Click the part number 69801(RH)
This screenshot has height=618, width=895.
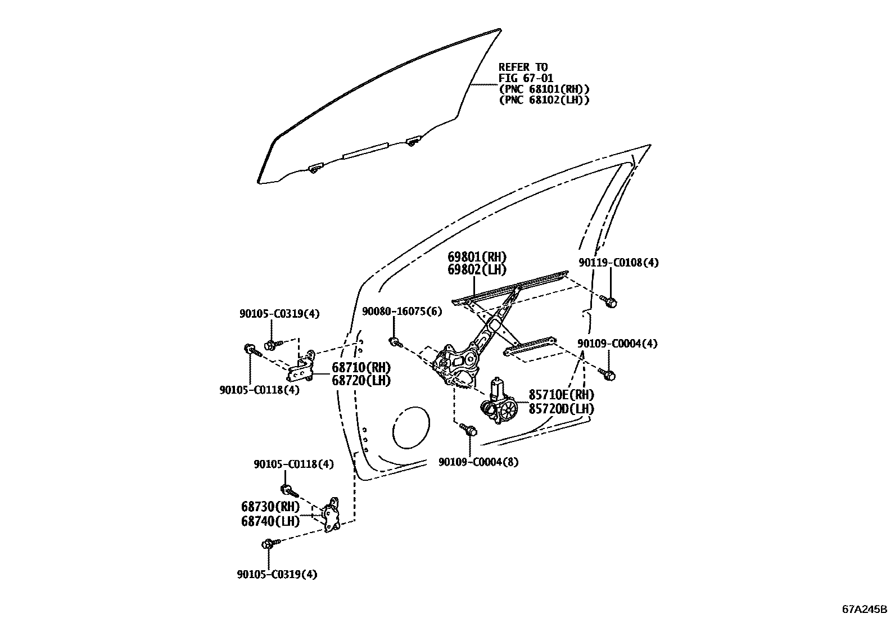(477, 257)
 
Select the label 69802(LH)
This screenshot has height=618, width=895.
(477, 270)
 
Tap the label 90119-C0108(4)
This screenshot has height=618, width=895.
(618, 263)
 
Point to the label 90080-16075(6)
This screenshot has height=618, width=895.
(402, 312)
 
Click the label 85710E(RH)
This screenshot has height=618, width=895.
(561, 395)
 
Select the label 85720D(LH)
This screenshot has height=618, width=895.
(561, 409)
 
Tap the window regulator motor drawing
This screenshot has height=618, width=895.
(499, 403)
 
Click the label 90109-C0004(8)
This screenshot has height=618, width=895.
(478, 462)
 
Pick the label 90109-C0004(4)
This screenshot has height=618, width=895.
(617, 344)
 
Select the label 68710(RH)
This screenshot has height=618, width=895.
(361, 368)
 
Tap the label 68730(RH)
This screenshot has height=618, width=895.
(270, 507)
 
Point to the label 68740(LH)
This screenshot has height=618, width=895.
(270, 521)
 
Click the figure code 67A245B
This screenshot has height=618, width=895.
(864, 609)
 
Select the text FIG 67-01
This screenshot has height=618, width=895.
(526, 78)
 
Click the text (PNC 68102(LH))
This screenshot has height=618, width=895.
(544, 100)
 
